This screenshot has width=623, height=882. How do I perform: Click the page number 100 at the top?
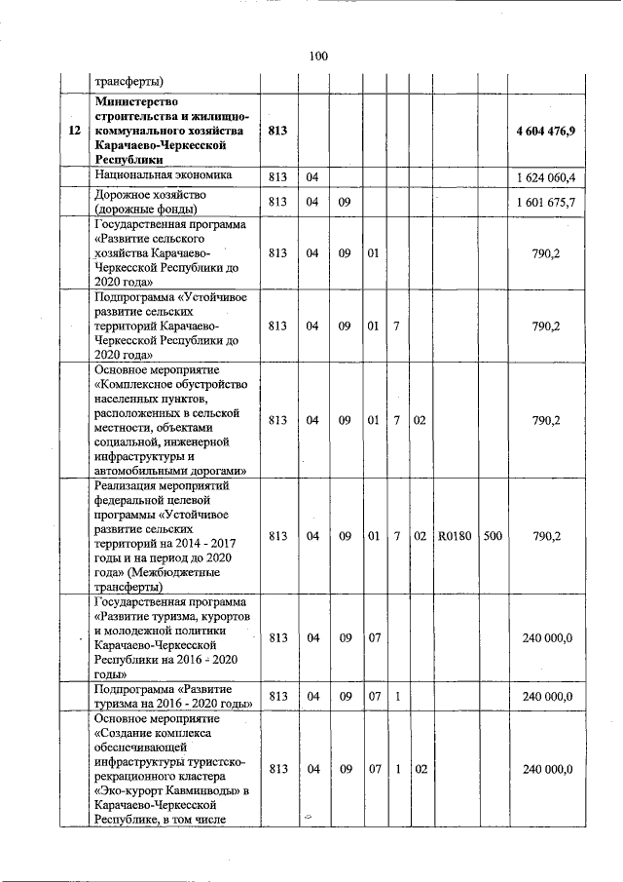[318, 56]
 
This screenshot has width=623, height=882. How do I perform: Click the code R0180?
[455, 535]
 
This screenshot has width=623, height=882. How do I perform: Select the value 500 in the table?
[493, 535]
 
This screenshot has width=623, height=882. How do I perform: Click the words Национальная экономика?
[164, 175]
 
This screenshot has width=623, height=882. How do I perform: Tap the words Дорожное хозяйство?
[149, 195]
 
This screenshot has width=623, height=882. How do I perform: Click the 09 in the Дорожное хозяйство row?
[344, 203]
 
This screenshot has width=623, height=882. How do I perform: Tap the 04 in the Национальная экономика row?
[312, 176]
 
